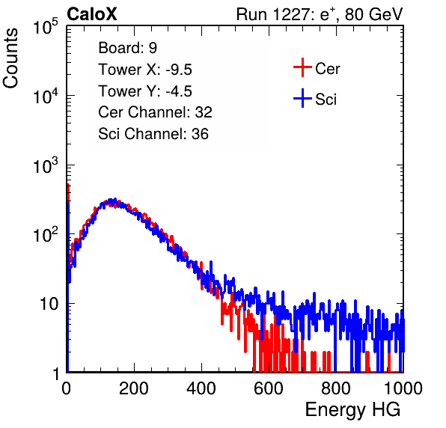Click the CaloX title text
point(92,14)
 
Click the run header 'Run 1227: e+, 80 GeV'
point(320,14)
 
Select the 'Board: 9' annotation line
point(127,48)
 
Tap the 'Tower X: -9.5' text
point(145,70)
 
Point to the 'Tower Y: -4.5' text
point(145,91)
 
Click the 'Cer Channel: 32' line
point(155,112)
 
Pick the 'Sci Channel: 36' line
point(153,134)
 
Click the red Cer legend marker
point(302,67)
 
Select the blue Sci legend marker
point(302,99)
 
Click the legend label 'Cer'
point(327,69)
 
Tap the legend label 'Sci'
point(326,100)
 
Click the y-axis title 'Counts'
point(10,58)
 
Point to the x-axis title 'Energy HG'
point(352,410)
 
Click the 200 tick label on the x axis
point(134,388)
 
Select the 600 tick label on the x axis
point(269,388)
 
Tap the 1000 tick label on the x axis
point(403,388)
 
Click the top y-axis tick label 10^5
point(46,27)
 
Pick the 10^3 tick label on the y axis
point(46,165)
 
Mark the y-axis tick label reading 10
point(49,304)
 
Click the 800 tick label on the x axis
point(336,388)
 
